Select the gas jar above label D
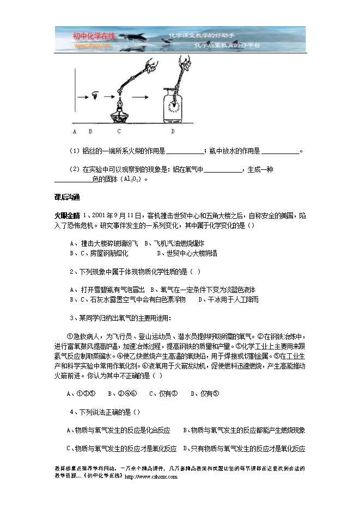click(x=173, y=106)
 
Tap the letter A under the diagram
click(x=74, y=131)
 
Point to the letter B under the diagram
click(x=90, y=131)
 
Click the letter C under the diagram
click(x=119, y=131)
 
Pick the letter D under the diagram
click(x=173, y=131)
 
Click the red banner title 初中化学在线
click(x=94, y=36)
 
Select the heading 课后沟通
click(x=68, y=197)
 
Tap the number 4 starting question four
click(x=72, y=412)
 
